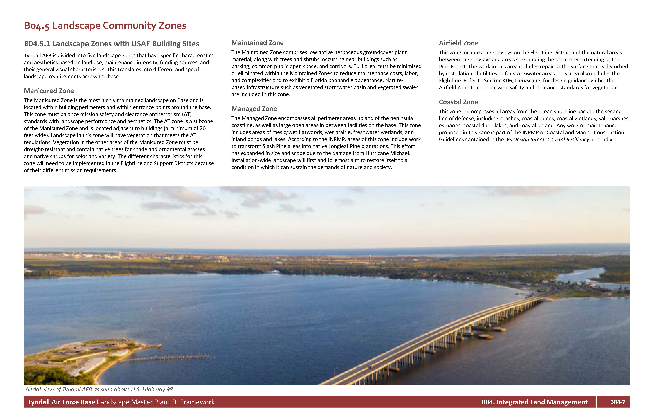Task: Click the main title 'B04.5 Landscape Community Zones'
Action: (x=105, y=26)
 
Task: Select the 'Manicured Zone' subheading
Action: (x=49, y=91)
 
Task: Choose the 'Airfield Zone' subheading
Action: (x=458, y=43)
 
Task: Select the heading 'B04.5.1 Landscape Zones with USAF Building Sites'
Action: (x=111, y=44)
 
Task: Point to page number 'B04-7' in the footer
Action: (x=617, y=402)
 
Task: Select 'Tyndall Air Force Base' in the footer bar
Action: (x=61, y=402)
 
